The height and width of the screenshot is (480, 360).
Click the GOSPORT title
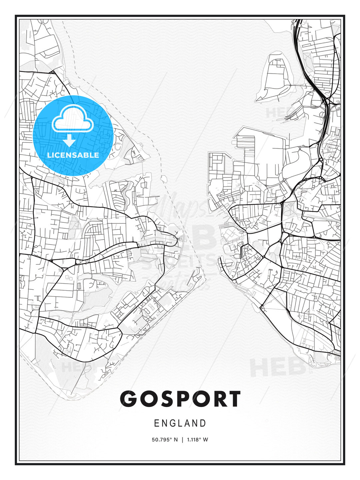[180, 399]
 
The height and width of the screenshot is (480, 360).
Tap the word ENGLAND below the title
[180, 423]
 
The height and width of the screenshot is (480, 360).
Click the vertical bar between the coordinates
[182, 440]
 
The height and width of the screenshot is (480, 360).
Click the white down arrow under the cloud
[69, 140]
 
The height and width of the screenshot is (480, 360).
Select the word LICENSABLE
[73, 155]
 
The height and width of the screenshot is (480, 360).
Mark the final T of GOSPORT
[233, 399]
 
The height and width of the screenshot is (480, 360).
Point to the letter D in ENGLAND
[203, 423]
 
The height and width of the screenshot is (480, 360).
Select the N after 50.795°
[176, 440]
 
